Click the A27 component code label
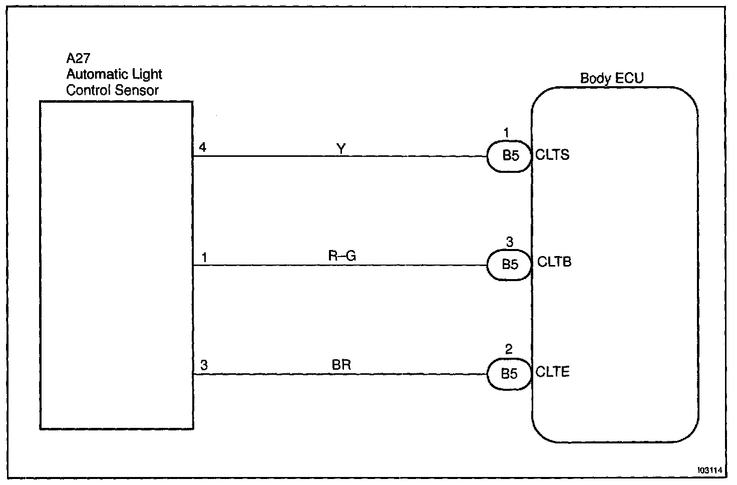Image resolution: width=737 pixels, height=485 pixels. (x=78, y=59)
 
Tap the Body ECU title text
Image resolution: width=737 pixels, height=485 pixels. (x=611, y=78)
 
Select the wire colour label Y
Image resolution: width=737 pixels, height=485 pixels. (x=341, y=148)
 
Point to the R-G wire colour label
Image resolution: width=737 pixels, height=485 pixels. (x=342, y=256)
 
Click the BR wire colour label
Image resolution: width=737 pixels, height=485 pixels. (x=341, y=365)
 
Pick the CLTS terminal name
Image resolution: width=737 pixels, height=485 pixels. (x=552, y=155)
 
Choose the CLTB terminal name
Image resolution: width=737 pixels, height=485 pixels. (x=554, y=262)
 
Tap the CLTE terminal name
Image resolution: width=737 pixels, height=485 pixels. (x=552, y=372)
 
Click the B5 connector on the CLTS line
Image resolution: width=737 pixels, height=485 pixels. (x=510, y=156)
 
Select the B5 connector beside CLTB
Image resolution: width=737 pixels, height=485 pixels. (x=510, y=264)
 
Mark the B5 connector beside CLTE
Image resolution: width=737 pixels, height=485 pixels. (x=509, y=374)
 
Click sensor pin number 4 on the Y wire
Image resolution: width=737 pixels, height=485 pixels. (x=202, y=147)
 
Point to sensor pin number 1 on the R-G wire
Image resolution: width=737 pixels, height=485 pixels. (x=204, y=258)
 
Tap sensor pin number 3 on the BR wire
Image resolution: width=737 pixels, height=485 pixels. (x=204, y=365)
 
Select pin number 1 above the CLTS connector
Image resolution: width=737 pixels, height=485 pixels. (x=506, y=133)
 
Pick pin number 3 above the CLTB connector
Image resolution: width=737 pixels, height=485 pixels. (x=509, y=242)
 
